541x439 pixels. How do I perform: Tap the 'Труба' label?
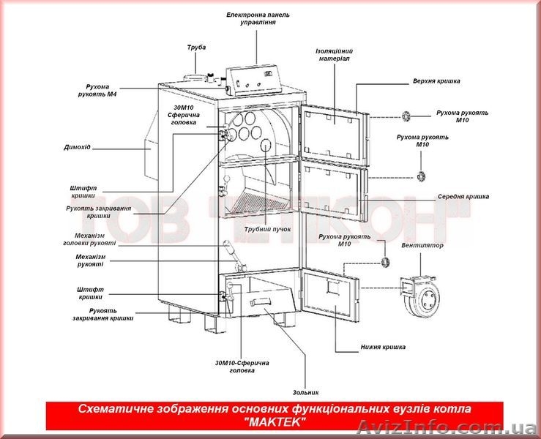196,48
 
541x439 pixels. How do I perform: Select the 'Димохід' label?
77,147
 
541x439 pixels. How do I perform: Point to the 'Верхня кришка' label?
432,80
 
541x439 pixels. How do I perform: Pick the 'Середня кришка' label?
463,197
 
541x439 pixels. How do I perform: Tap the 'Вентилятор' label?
422,246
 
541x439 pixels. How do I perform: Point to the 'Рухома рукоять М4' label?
102,91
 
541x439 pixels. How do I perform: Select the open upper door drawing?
332,131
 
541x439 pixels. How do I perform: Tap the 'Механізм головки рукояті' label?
89,240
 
